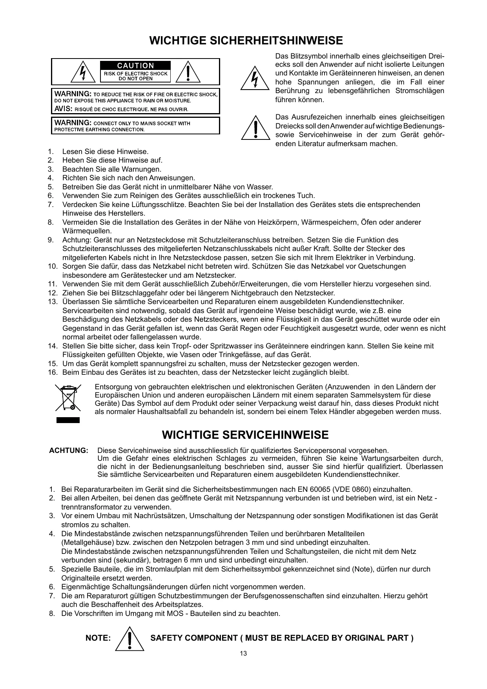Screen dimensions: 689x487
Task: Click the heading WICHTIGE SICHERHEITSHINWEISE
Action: [246, 41]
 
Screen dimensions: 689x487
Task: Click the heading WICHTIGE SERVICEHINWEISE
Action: [245, 435]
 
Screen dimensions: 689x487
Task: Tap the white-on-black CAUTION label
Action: [135, 66]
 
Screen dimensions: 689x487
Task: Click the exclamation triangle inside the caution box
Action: [189, 71]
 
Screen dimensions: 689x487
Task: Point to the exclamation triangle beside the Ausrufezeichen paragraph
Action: [255, 128]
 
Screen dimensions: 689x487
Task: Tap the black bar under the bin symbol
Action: [68, 420]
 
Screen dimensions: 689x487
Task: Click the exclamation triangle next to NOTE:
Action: [131, 638]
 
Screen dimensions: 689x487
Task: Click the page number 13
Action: [243, 654]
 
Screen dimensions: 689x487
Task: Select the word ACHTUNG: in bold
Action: [69, 451]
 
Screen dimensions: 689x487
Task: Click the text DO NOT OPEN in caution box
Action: [135, 79]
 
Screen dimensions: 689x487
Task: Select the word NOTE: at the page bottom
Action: [98, 638]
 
